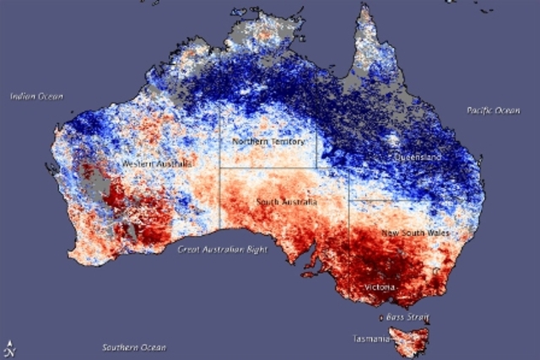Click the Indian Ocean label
coord(36,96)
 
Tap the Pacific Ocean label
coord(495,110)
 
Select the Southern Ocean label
coord(134,347)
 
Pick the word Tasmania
coord(371,339)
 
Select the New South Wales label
coord(415,232)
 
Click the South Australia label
coord(287,203)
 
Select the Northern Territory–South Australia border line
coord(270,168)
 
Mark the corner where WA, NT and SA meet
coord(220,168)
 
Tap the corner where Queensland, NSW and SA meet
coord(348,201)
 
